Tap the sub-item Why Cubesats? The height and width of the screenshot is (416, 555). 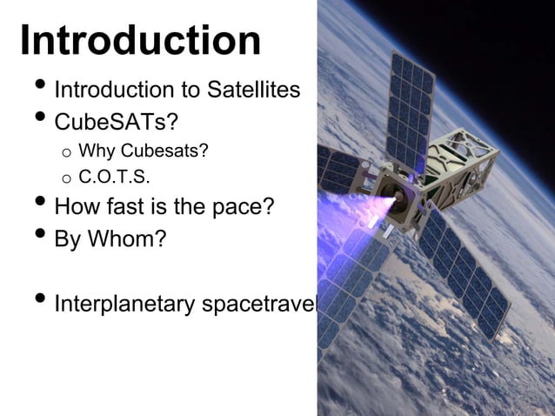coord(144,153)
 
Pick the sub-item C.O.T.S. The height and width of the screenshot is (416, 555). coord(114,180)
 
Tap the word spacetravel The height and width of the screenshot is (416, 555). coord(260,305)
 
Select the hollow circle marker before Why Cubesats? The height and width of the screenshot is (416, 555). coord(65,155)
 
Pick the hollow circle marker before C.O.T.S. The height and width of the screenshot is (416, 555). coord(65,181)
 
